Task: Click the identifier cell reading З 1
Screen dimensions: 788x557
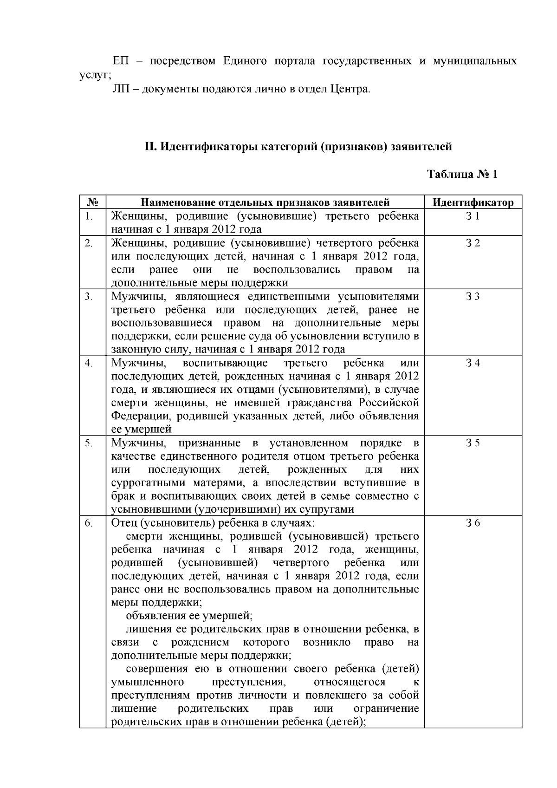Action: coord(473,216)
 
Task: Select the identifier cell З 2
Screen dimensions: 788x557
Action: coord(473,243)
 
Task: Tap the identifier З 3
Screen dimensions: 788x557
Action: coord(473,297)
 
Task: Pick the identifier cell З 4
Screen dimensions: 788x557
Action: coord(473,363)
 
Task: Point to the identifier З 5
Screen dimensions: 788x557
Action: coord(473,443)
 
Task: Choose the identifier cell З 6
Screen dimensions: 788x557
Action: coord(473,523)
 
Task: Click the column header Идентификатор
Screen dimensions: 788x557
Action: coord(473,202)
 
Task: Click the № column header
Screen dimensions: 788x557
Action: coord(92,202)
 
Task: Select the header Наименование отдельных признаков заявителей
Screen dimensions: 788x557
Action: coord(265,202)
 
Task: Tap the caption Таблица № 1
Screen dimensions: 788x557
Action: coord(462,175)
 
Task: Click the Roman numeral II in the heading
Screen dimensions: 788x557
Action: coord(149,147)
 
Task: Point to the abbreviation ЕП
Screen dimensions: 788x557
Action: coord(122,61)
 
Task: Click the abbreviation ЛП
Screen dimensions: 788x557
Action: coord(123,89)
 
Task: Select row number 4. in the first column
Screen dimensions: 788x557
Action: coord(89,363)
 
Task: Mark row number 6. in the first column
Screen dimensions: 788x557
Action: coord(89,523)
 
